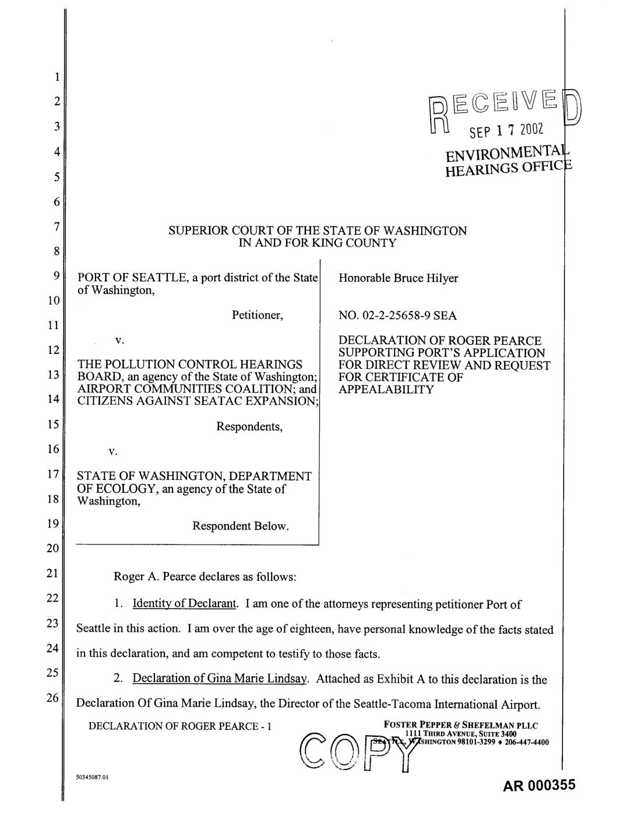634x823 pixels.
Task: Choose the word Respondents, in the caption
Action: tap(249, 426)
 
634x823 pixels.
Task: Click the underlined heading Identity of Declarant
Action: tap(185, 603)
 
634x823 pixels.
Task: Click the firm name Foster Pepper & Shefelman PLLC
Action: tap(461, 725)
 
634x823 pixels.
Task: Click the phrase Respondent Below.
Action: tap(241, 526)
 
